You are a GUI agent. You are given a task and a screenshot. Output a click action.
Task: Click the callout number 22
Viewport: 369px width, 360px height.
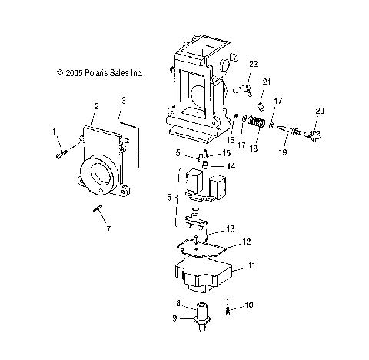click(x=253, y=62)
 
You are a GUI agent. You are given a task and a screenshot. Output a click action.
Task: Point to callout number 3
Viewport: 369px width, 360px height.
click(x=123, y=101)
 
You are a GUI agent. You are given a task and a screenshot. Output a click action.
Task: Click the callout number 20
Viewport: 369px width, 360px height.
click(x=320, y=112)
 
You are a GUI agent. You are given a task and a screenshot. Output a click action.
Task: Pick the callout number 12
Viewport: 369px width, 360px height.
click(x=246, y=242)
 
